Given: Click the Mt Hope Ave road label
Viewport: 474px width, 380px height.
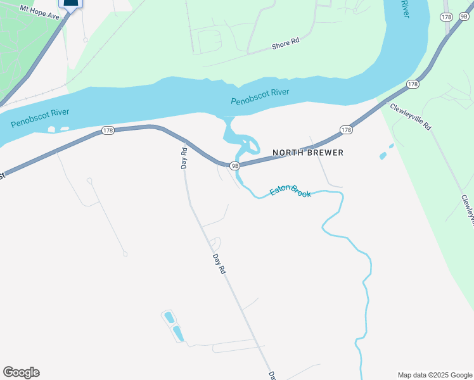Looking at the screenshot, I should tap(39, 12).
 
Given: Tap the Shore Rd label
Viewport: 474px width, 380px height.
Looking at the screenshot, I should tap(285, 44).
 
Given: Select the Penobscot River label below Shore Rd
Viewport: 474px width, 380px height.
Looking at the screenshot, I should tap(260, 97).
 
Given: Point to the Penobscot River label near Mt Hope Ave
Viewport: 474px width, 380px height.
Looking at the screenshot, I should tap(39, 118).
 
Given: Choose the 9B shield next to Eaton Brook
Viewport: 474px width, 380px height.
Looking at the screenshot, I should tap(234, 166).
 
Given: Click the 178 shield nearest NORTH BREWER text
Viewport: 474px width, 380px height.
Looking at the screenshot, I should tap(346, 130).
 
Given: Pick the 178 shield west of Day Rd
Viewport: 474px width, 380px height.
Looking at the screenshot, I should tap(108, 131).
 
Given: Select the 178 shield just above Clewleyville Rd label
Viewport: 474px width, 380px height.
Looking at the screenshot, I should tap(413, 84).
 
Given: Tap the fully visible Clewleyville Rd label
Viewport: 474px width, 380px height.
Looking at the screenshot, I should tap(411, 117).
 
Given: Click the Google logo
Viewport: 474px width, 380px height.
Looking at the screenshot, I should tap(21, 372).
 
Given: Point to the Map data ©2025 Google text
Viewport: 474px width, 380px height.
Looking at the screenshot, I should tap(434, 374).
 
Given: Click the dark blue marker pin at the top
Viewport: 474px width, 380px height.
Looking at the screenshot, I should tap(71, 3).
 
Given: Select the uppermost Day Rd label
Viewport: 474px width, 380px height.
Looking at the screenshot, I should tap(184, 158).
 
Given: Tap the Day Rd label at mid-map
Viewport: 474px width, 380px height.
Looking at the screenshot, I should tap(219, 263).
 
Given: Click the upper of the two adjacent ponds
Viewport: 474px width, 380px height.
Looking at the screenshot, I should tap(169, 317).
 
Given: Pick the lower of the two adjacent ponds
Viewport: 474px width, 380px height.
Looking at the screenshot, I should tap(178, 333).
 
